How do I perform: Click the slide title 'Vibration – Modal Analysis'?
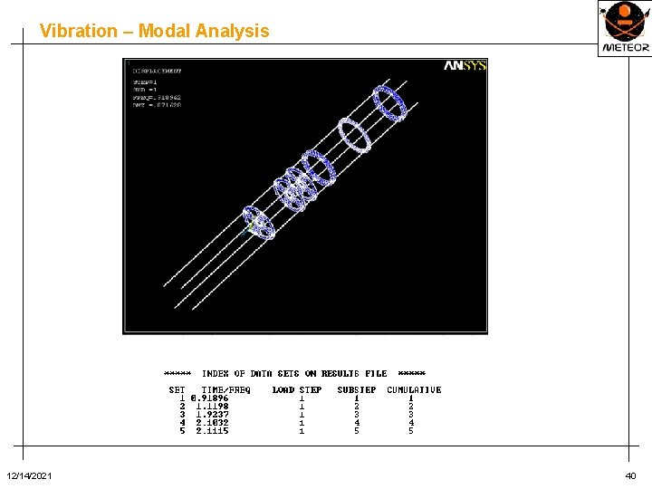pos(154,31)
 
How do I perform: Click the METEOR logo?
pos(624,28)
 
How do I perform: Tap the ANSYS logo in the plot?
pos(465,65)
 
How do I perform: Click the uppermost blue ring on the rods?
pos(390,102)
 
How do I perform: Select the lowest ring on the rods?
pos(258,223)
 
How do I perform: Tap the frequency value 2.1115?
pos(212,431)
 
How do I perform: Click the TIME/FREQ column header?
pos(225,389)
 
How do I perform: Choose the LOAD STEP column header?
pos(297,389)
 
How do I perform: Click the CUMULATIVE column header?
pos(414,389)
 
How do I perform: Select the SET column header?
pos(177,389)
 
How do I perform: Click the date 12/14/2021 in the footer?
pos(29,476)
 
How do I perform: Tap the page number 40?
pos(630,476)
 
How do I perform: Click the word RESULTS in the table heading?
pos(341,373)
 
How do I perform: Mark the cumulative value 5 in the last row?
pos(411,431)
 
